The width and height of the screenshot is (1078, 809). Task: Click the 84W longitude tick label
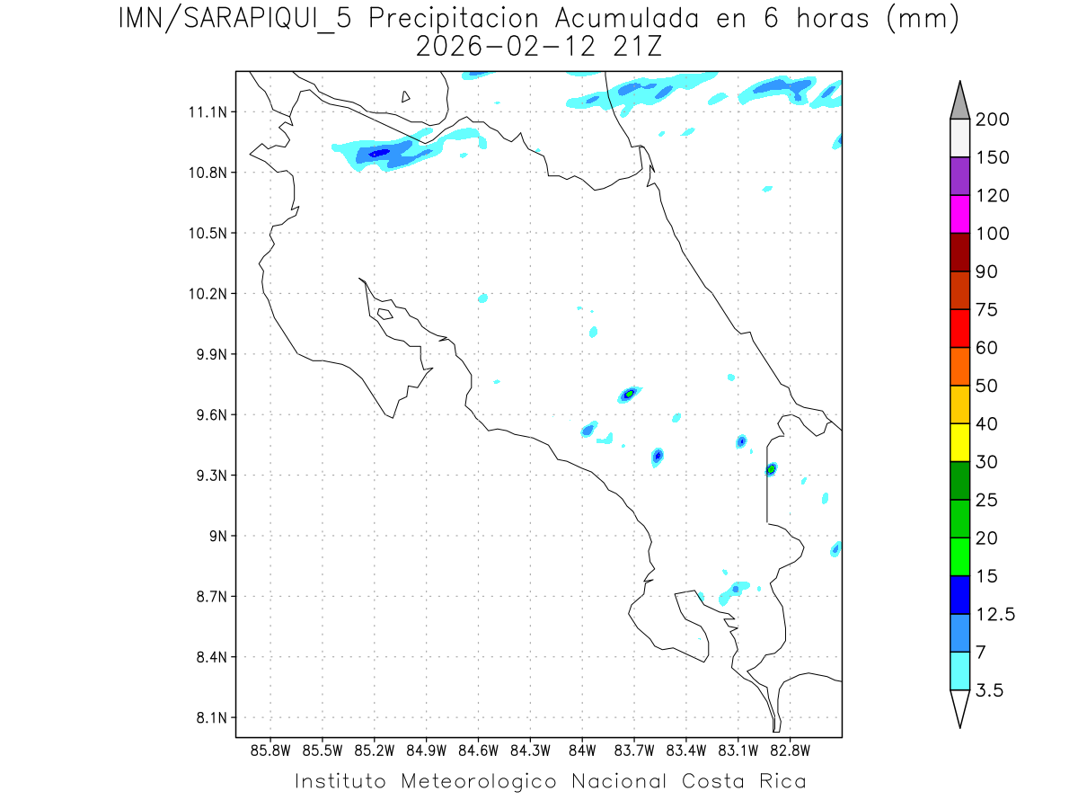point(582,750)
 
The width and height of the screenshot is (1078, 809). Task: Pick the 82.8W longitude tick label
point(790,750)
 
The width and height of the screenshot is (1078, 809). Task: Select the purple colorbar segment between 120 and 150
point(959,176)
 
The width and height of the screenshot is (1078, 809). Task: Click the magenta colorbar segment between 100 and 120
point(959,214)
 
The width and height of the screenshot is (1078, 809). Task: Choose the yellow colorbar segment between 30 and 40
point(959,442)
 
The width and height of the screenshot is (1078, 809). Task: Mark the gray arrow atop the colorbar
point(959,100)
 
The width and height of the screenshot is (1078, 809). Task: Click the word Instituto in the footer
point(340,781)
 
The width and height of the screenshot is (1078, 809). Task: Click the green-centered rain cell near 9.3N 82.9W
point(771,468)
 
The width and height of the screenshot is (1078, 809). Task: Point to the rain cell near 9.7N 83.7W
point(630,394)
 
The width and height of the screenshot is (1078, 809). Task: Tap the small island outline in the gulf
point(384,314)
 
